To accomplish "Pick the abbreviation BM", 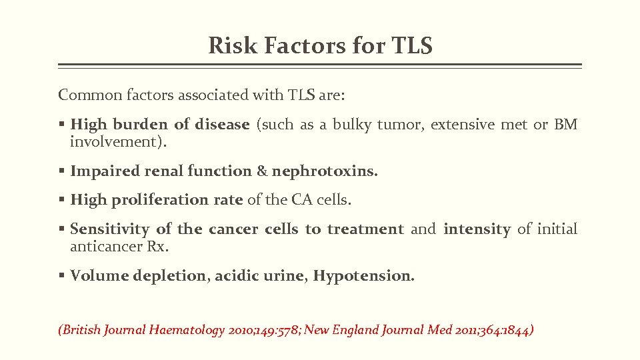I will point(565,124).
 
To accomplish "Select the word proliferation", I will point(173,200).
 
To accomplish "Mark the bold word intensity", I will point(477,229).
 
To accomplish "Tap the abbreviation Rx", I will point(157,247).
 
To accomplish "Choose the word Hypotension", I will point(363,276).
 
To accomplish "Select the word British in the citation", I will point(81,329).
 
